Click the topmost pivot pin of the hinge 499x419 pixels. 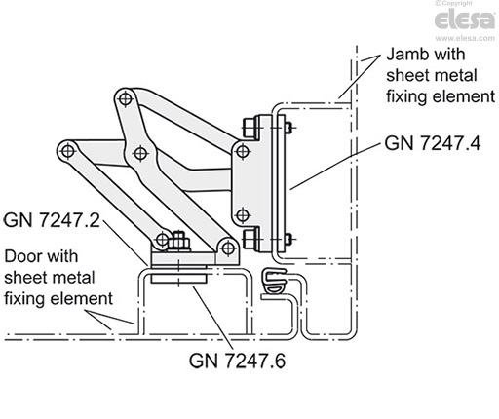coord(124,97)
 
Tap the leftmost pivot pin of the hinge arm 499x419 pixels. coord(66,152)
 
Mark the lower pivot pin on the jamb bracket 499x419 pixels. coord(241,214)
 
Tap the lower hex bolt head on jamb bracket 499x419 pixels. coord(249,237)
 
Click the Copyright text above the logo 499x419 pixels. coord(472,5)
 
